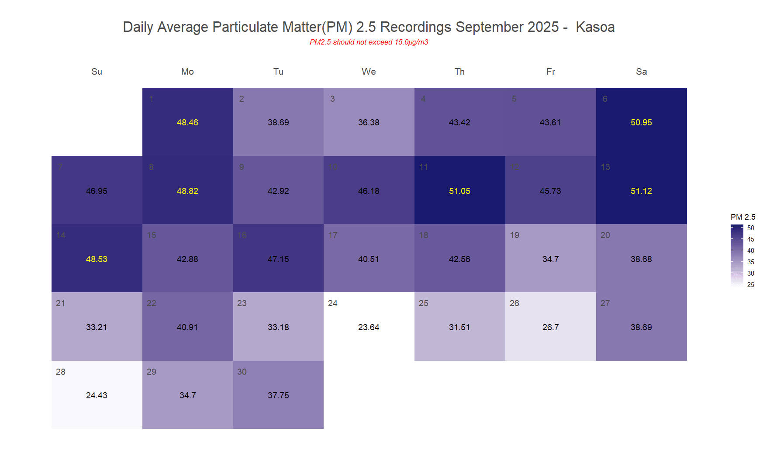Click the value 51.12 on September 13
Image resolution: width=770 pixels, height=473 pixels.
tap(641, 191)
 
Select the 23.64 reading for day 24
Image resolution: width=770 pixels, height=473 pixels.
tap(369, 327)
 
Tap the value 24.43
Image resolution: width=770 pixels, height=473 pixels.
tap(97, 395)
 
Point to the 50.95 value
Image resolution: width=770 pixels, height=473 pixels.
tap(641, 123)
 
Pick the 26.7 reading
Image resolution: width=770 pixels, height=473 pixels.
tap(550, 327)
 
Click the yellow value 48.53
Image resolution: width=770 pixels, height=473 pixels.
tap(97, 259)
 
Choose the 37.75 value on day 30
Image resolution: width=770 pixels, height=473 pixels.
tap(278, 395)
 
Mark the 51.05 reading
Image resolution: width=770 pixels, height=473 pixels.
tap(459, 191)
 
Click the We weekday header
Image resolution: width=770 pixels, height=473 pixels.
tap(369, 72)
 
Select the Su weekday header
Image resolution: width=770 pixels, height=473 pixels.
tap(97, 72)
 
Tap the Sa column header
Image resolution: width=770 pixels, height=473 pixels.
tap(641, 72)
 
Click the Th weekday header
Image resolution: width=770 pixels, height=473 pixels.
tap(459, 72)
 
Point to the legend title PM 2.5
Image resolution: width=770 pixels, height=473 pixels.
tap(742, 217)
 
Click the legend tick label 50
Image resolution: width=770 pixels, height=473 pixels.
tap(751, 228)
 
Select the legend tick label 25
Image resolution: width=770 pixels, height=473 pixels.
tap(751, 285)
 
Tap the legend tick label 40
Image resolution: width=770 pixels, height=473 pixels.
tap(751, 251)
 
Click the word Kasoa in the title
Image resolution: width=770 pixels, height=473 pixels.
tap(595, 27)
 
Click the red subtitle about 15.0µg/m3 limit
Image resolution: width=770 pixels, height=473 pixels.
tap(369, 42)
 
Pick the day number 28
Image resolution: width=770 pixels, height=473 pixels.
tap(61, 372)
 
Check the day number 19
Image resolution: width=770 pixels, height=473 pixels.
tap(514, 235)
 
